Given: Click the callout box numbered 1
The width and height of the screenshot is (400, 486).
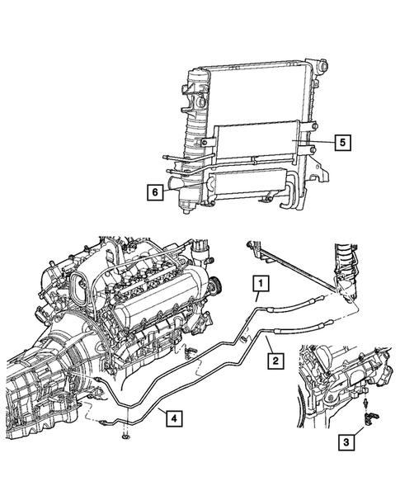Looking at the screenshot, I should (x=260, y=286).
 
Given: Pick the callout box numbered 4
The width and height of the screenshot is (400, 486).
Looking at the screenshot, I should (x=172, y=418).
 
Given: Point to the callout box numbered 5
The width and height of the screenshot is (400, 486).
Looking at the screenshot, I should (x=342, y=142).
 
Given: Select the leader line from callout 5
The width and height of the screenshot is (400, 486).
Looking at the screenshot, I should (x=318, y=142).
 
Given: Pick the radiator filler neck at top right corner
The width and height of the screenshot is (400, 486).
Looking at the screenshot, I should (x=308, y=65).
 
